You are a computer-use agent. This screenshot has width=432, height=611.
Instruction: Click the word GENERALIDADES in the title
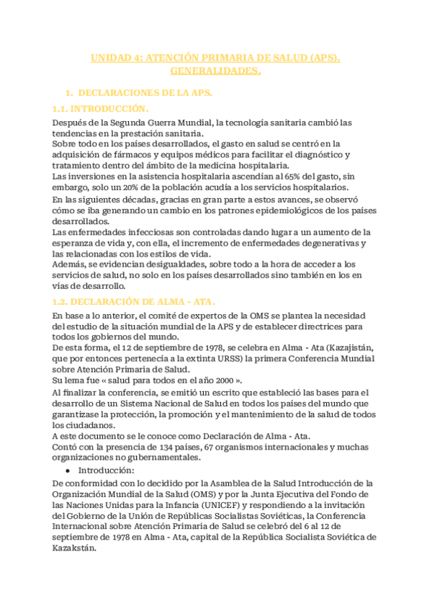pos(215,71)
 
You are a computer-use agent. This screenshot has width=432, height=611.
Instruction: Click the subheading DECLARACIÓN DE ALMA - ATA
pos(125,300)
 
